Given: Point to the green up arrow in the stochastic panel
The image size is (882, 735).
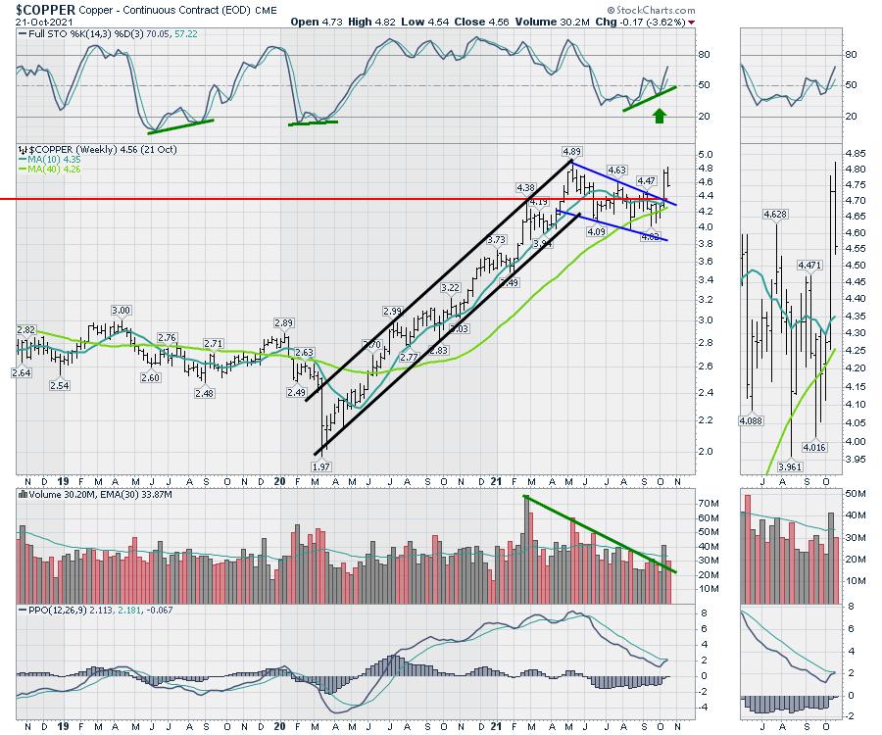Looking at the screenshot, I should (660, 116).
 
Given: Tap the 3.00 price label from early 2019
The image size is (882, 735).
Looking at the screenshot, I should (121, 310).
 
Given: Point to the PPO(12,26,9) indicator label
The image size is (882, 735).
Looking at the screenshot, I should (60, 610).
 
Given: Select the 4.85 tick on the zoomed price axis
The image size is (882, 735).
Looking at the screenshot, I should (857, 154).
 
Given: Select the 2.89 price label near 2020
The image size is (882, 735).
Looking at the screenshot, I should (284, 322).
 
